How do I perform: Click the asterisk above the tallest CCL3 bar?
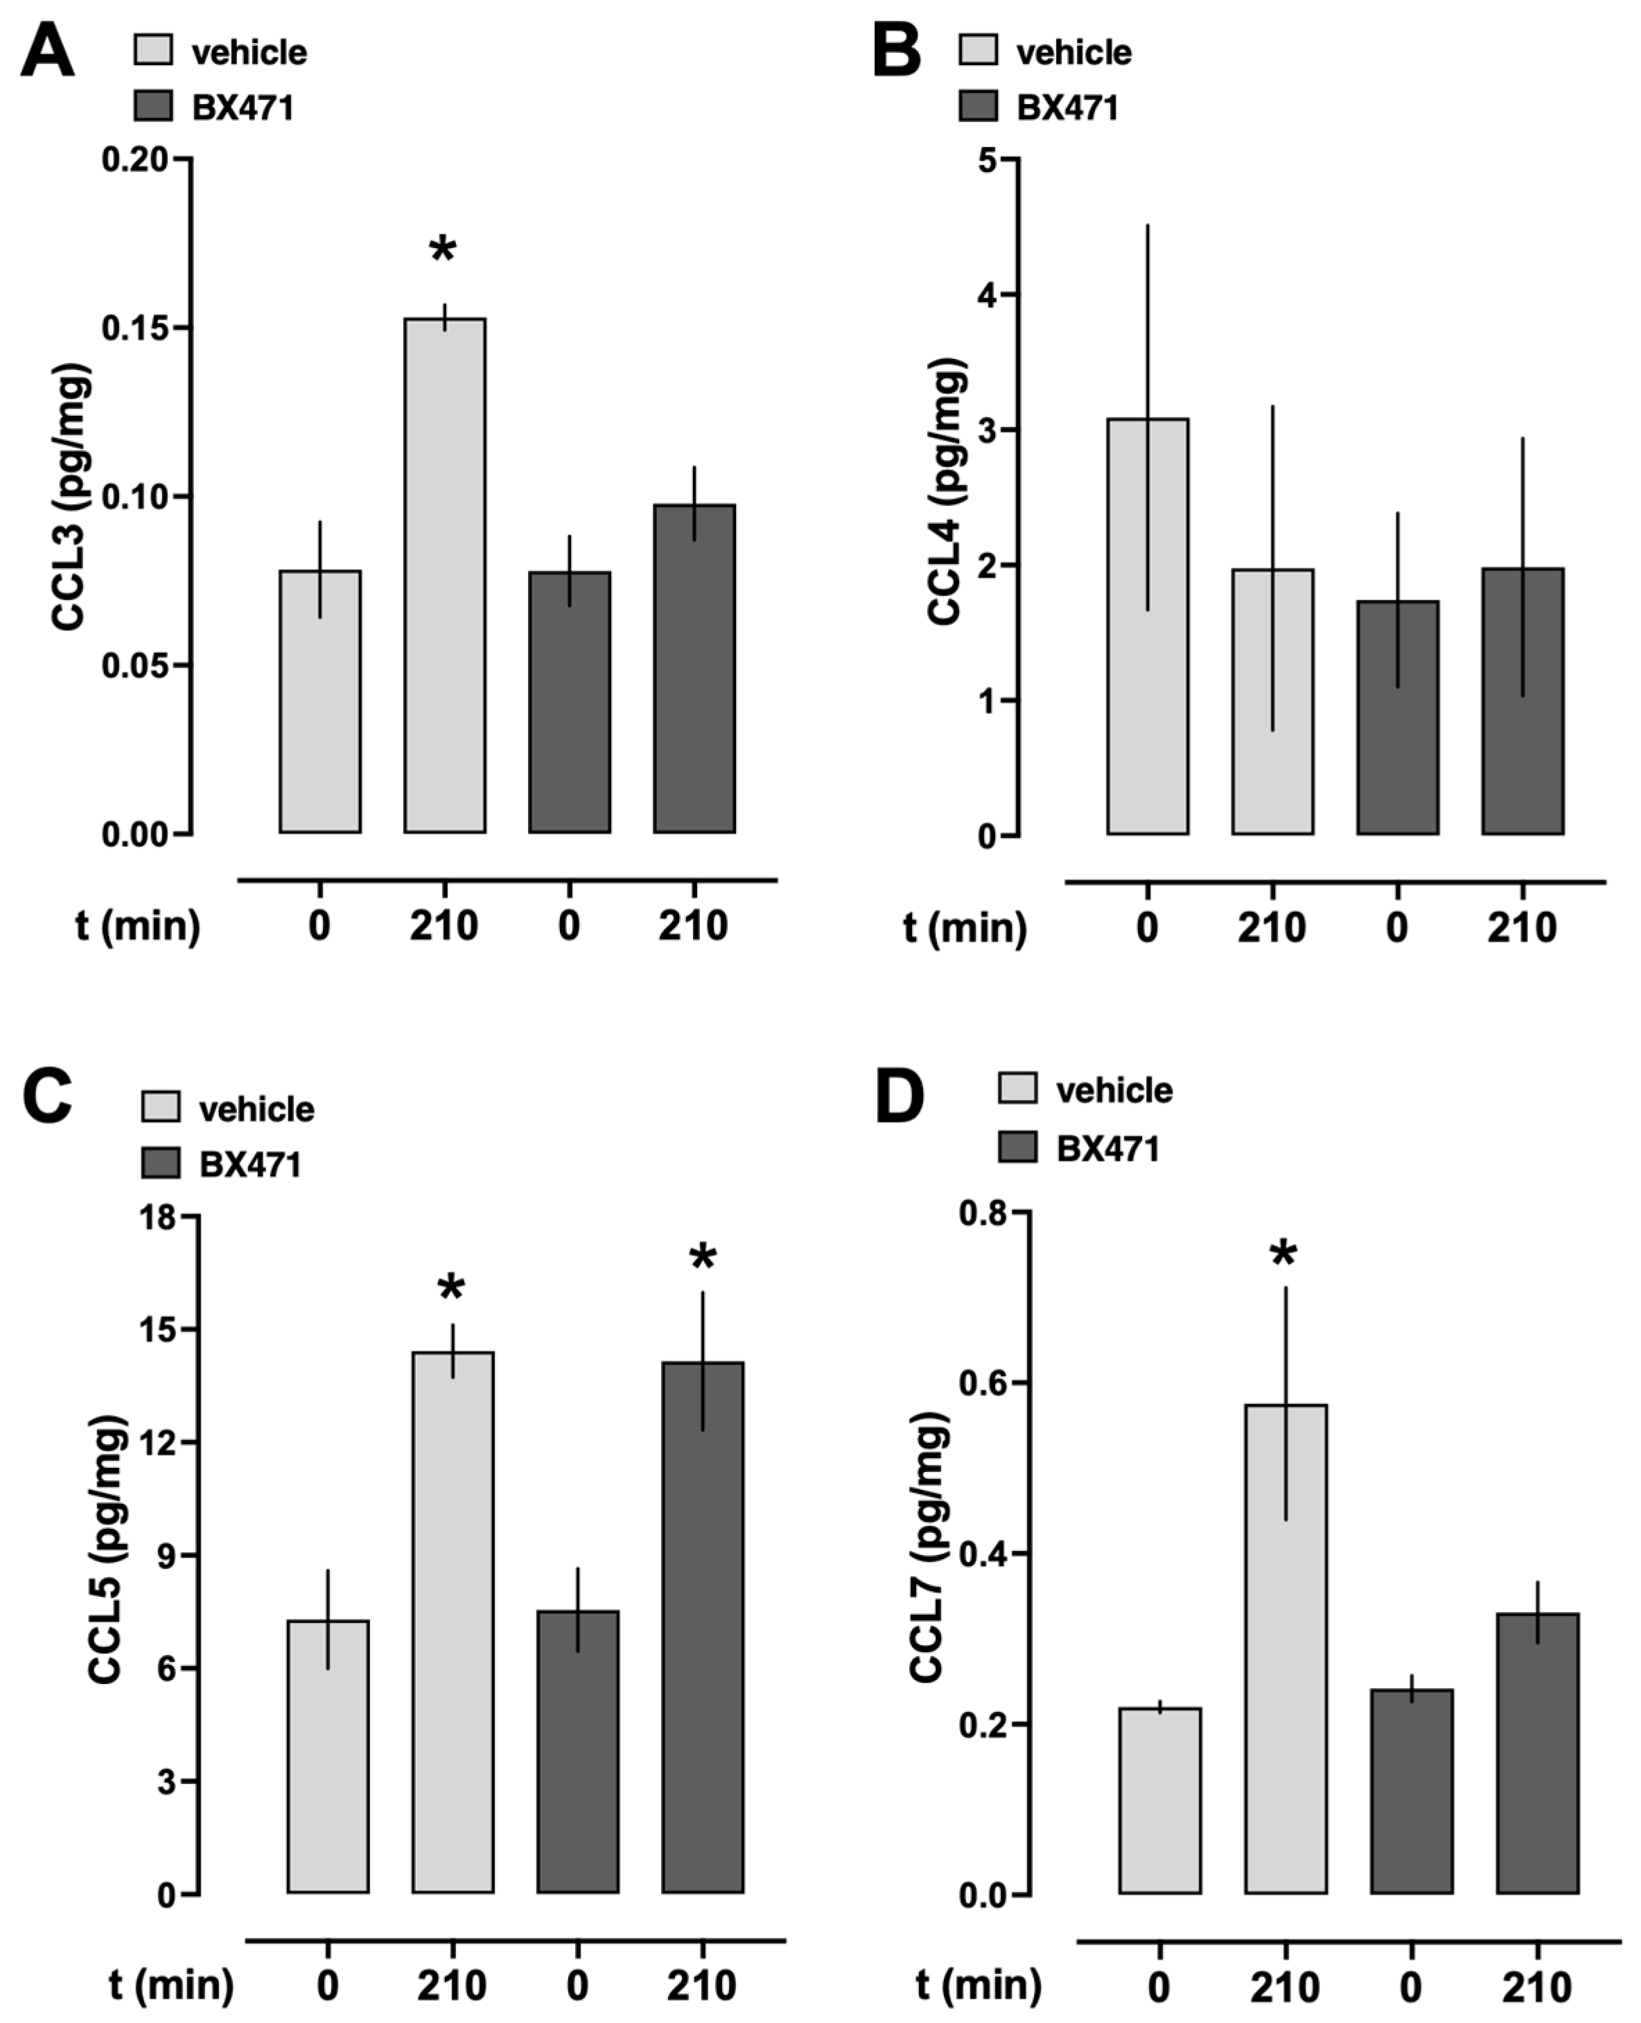pyautogui.click(x=442, y=250)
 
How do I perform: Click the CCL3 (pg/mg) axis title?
pyautogui.click(x=71, y=496)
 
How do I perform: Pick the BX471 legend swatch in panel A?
pyautogui.click(x=153, y=107)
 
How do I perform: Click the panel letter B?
pyautogui.click(x=895, y=51)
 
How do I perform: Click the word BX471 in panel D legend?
pyautogui.click(x=1107, y=1148)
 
